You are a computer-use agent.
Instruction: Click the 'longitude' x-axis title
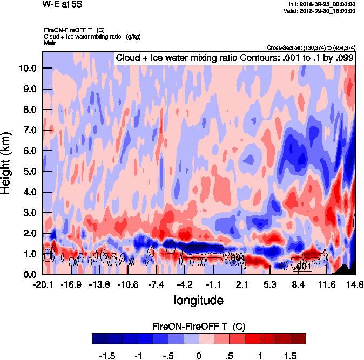[199, 300]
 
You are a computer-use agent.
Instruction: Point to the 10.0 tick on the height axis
[27, 68]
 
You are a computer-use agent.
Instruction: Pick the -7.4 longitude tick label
[157, 284]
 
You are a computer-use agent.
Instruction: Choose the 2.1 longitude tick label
[241, 284]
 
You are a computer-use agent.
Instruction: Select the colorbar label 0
[199, 356]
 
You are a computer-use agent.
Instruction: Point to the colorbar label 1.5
[291, 356]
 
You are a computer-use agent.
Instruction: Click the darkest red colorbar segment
[298, 338]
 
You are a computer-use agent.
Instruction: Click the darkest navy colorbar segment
[99, 338]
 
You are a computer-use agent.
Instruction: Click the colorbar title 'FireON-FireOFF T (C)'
[199, 327]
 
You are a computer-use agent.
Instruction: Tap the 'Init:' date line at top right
[322, 4]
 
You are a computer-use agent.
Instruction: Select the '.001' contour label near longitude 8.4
[302, 266]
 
